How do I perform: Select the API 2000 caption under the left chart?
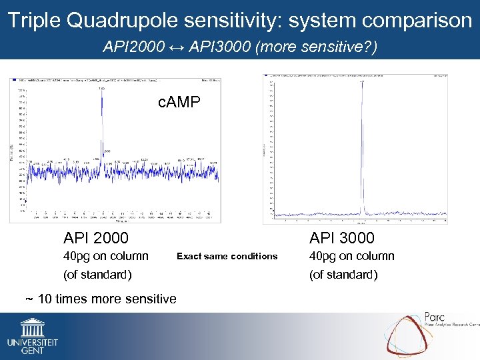pyautogui.click(x=96, y=238)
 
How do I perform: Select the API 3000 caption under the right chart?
pyautogui.click(x=341, y=238)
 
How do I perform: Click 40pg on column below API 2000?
pyautogui.click(x=106, y=256)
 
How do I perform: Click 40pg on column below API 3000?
pyautogui.click(x=351, y=256)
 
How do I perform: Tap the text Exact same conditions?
pyautogui.click(x=227, y=256)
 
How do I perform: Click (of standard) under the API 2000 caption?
pyautogui.click(x=97, y=275)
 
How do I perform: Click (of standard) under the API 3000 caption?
pyautogui.click(x=343, y=275)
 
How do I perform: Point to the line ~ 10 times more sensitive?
pyautogui.click(x=101, y=299)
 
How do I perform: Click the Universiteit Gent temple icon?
pyautogui.click(x=33, y=327)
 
